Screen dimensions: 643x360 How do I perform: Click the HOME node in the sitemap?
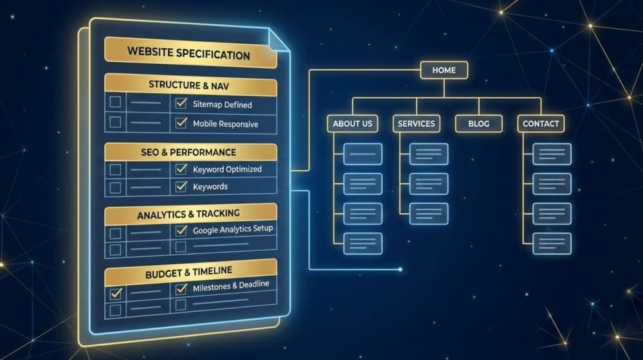point(444,70)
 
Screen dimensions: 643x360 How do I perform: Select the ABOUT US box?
point(352,123)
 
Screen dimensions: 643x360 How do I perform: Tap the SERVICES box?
point(416,123)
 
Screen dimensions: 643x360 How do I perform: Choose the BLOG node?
point(478,123)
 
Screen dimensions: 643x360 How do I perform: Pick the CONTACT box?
point(541,123)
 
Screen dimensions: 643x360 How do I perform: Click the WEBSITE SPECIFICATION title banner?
point(190,53)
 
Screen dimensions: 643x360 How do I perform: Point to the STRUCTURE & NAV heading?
point(190,85)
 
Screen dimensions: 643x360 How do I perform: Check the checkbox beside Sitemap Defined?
point(181,103)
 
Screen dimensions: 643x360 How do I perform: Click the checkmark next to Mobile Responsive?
point(181,122)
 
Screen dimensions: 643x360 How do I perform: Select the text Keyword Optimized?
point(227,169)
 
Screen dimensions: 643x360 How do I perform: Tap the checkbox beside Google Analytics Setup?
point(181,230)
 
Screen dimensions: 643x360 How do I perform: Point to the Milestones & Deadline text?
point(231,286)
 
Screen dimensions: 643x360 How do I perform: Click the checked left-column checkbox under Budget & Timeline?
point(116,293)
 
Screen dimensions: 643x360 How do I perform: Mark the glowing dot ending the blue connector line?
point(400,269)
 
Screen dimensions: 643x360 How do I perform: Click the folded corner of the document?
point(279,40)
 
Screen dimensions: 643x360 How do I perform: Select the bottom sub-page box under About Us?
point(363,244)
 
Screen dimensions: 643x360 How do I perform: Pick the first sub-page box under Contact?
point(552,154)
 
